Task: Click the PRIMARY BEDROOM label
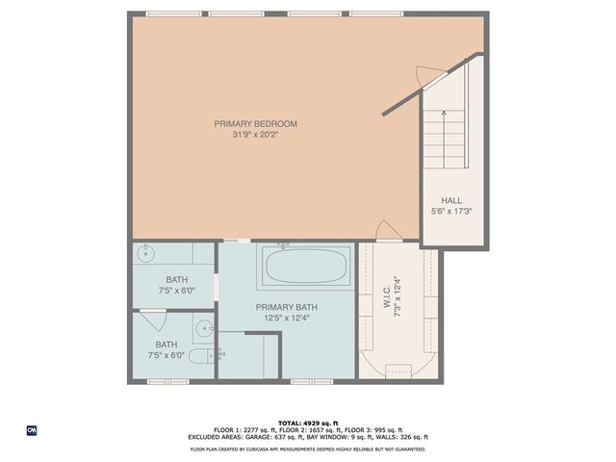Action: pos(255,123)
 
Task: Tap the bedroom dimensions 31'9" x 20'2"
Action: pos(255,135)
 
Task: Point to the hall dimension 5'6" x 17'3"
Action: pos(451,211)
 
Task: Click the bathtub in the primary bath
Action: pos(307,266)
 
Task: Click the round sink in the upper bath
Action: pos(146,255)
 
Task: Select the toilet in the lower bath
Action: pos(196,358)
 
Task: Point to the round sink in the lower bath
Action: pos(203,328)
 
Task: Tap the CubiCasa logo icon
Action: pos(31,429)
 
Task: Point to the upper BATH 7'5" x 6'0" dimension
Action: pos(173,290)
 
